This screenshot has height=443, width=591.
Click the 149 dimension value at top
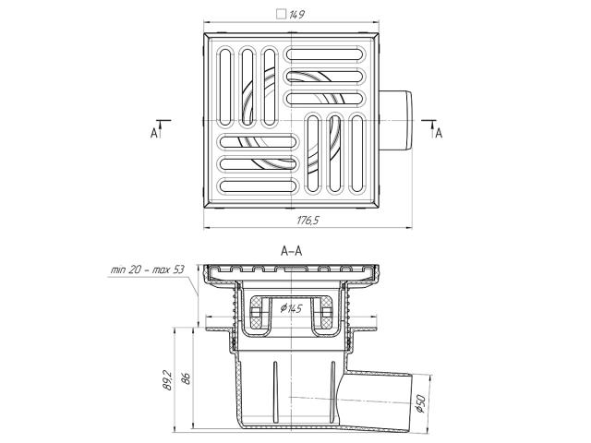(297, 15)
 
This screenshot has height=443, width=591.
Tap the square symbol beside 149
(281, 15)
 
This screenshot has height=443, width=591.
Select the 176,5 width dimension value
(308, 220)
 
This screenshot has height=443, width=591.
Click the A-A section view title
(292, 251)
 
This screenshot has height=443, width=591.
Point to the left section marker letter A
(154, 133)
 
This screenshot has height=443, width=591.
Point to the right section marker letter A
(439, 133)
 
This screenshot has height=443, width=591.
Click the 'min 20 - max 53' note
(148, 269)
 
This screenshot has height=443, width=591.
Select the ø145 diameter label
(292, 309)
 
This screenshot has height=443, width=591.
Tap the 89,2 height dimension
(167, 379)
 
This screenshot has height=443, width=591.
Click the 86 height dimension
(186, 378)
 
